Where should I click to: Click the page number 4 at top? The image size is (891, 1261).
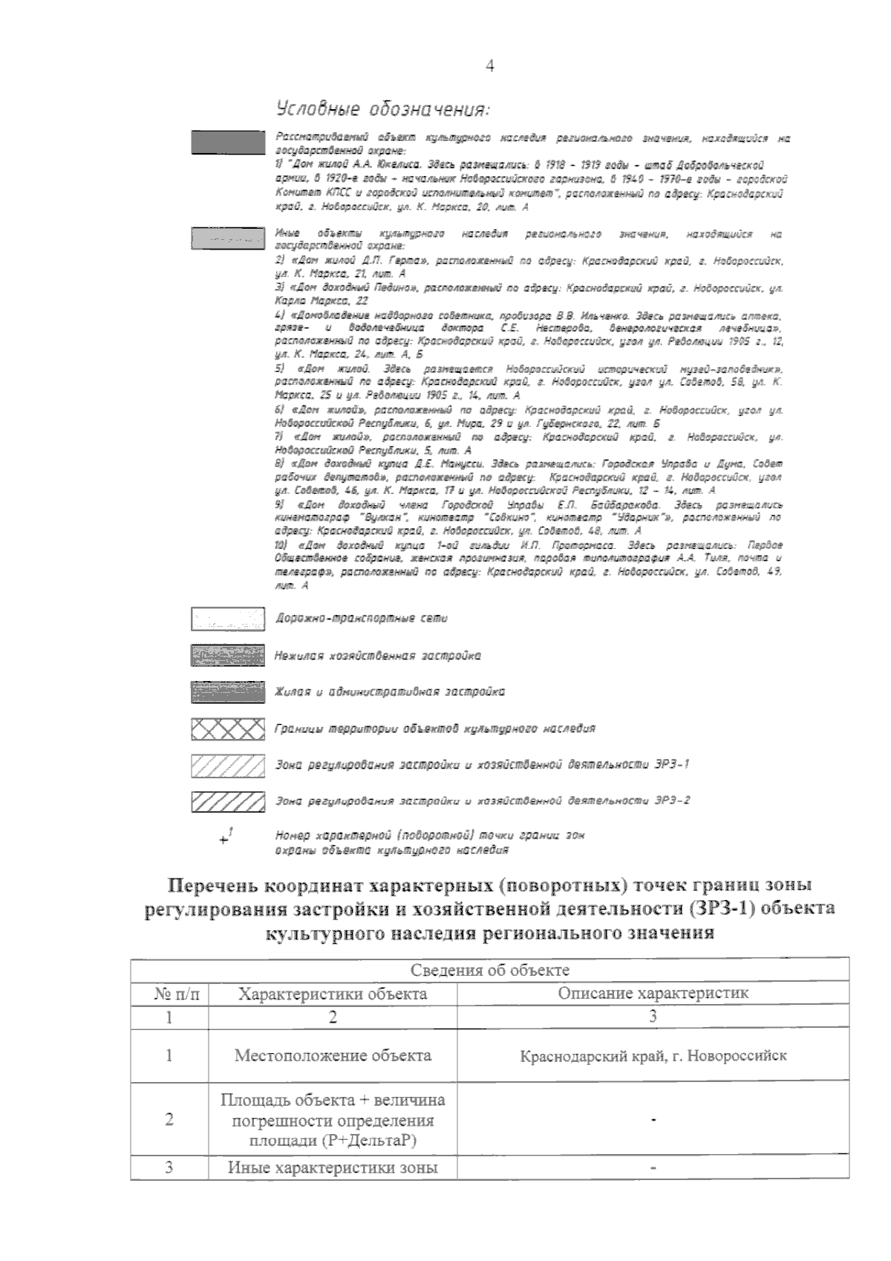tap(489, 66)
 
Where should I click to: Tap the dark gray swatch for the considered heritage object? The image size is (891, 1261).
tap(227, 142)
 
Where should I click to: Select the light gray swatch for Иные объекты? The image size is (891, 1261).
tap(227, 238)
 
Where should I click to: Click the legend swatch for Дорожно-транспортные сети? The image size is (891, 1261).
tap(227, 619)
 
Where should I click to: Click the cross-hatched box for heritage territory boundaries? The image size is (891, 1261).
tap(227, 729)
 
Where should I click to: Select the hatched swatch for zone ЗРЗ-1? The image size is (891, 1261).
tap(227, 765)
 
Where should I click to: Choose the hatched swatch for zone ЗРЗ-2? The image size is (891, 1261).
tap(227, 801)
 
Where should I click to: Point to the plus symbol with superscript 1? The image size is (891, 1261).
tap(226, 838)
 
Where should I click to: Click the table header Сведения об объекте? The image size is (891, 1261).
tap(489, 970)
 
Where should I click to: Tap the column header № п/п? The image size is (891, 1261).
tap(169, 994)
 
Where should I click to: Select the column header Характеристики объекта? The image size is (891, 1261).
tap(332, 994)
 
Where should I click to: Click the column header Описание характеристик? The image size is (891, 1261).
tap(653, 994)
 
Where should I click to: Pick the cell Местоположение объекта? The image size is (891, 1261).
tap(332, 1055)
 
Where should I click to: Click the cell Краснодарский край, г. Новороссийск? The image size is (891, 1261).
tap(653, 1055)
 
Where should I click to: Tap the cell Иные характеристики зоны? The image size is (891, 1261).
tap(332, 1167)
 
